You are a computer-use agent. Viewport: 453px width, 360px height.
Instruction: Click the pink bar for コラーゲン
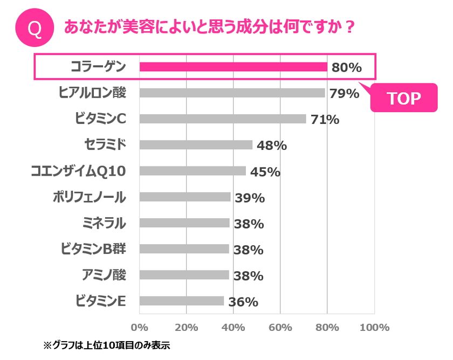click(233, 67)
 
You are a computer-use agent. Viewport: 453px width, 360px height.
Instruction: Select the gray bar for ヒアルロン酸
click(232, 93)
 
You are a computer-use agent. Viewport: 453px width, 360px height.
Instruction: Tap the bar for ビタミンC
click(222, 119)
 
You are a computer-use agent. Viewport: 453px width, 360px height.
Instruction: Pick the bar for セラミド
click(196, 145)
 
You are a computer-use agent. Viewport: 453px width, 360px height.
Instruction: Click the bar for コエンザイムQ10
click(193, 171)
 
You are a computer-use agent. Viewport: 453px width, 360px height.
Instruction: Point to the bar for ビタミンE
click(182, 301)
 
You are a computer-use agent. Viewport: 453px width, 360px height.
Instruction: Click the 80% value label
click(346, 68)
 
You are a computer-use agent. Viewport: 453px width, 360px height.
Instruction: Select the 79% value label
click(344, 94)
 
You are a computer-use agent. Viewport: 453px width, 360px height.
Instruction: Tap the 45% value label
click(265, 172)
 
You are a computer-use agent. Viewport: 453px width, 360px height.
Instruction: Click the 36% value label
click(243, 302)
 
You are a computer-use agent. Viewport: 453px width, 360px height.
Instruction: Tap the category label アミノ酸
click(105, 275)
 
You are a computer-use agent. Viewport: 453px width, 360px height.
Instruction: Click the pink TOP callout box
click(404, 98)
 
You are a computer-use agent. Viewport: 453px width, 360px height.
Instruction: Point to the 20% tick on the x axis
click(186, 328)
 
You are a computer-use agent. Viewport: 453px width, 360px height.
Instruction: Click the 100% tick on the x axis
click(374, 328)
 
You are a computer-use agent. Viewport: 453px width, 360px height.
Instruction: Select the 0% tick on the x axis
click(140, 328)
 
